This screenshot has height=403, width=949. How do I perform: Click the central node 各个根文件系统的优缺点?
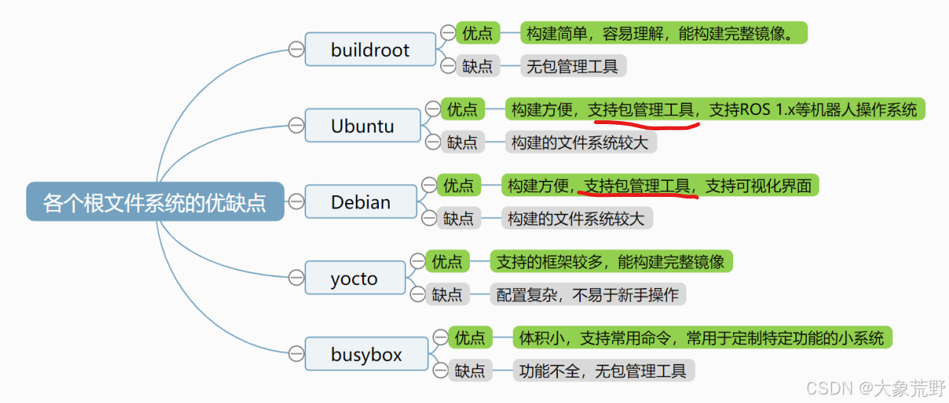tap(155, 202)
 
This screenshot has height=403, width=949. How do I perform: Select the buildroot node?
tap(370, 51)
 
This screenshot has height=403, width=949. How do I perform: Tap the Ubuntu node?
tap(362, 126)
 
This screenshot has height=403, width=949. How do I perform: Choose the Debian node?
tap(360, 202)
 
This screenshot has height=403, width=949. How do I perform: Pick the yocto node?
tap(354, 278)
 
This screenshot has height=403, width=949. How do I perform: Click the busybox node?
tap(366, 355)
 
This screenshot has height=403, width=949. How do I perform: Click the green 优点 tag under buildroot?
tap(478, 33)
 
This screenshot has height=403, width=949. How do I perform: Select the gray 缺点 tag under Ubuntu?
tap(462, 143)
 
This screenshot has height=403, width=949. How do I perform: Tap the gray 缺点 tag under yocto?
tap(447, 294)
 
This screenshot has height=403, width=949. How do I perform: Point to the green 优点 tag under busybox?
tap(470, 338)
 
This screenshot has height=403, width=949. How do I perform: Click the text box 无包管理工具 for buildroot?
tap(572, 67)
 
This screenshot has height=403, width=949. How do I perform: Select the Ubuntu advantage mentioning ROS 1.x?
tap(713, 110)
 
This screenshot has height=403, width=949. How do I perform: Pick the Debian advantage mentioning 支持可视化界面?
tap(659, 185)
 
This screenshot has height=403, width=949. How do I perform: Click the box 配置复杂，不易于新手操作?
tap(587, 295)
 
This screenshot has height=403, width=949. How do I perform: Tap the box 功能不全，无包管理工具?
tap(602, 372)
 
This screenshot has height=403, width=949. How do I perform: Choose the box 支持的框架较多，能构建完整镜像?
tap(610, 262)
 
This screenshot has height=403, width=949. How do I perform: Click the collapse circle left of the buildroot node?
tap(295, 50)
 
